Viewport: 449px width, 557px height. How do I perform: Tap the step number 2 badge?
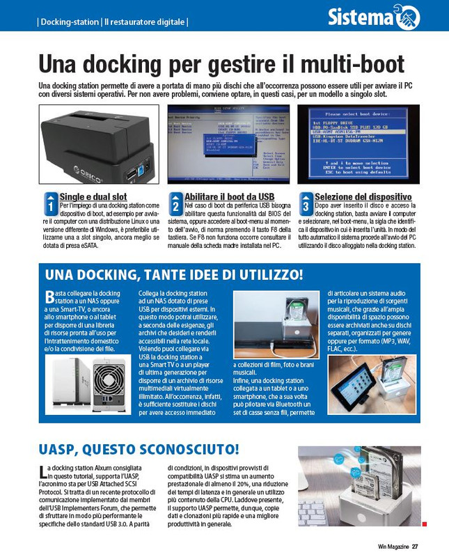click(176, 205)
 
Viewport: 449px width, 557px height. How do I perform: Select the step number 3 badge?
click(305, 205)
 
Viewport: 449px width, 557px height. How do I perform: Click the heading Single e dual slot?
click(93, 197)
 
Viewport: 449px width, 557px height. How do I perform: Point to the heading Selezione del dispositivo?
click(363, 197)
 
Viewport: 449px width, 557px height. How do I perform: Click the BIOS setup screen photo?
click(227, 144)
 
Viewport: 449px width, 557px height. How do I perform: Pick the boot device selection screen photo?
click(358, 144)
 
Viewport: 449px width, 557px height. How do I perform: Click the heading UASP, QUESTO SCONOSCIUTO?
click(139, 447)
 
